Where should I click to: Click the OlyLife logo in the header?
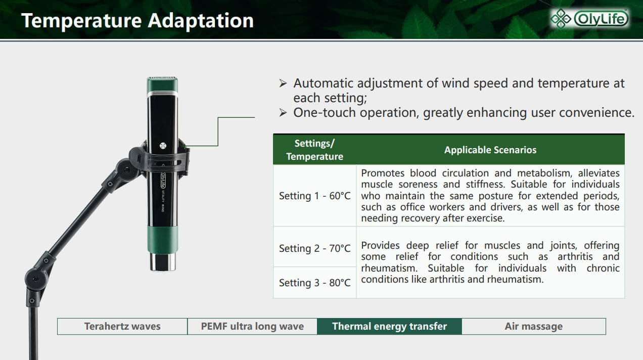(589, 19)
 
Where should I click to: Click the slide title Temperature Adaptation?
(137, 21)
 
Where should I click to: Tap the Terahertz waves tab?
(122, 327)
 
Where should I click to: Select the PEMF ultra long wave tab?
(252, 327)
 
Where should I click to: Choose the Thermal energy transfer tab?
(390, 327)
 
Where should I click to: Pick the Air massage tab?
(534, 327)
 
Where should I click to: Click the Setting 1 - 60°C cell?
(315, 196)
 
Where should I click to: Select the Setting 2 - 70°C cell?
(315, 248)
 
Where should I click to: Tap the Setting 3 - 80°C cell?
(315, 283)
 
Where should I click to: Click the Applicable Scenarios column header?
(490, 150)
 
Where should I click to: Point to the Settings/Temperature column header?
(314, 150)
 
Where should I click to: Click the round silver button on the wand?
(163, 146)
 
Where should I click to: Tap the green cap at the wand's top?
(162, 84)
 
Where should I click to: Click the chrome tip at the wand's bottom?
(163, 261)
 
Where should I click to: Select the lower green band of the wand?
(163, 240)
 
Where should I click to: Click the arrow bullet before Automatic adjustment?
(283, 83)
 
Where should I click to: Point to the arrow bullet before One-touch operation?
(283, 113)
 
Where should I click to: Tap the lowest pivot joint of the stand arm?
(35, 279)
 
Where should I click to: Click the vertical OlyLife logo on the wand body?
(163, 181)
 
